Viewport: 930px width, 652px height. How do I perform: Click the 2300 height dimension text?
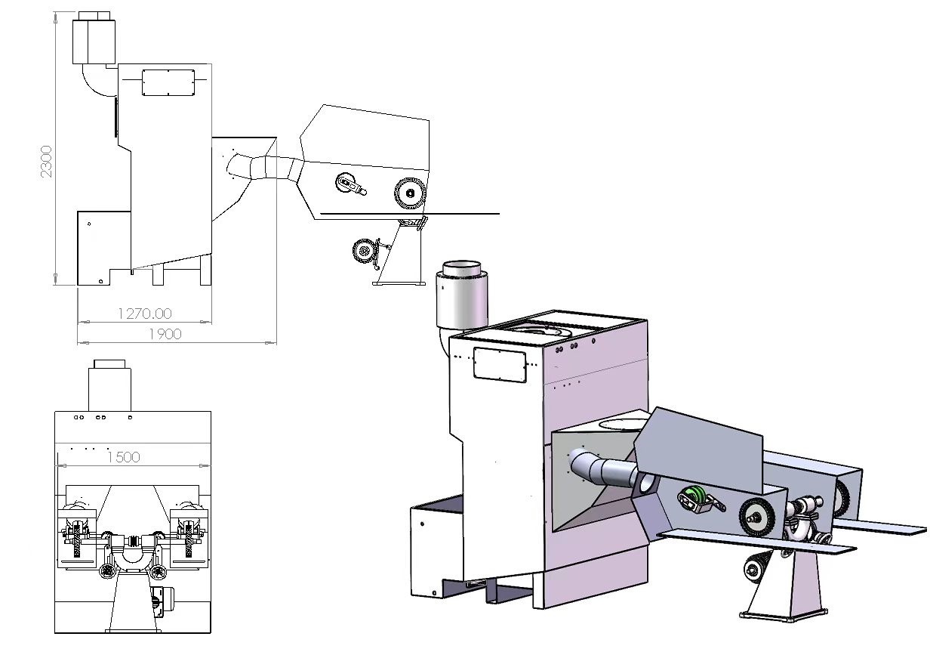point(47,161)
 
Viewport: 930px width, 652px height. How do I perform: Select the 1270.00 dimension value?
point(144,313)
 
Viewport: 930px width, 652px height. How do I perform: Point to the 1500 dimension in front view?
point(123,456)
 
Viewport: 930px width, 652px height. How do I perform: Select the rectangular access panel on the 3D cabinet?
point(499,364)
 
